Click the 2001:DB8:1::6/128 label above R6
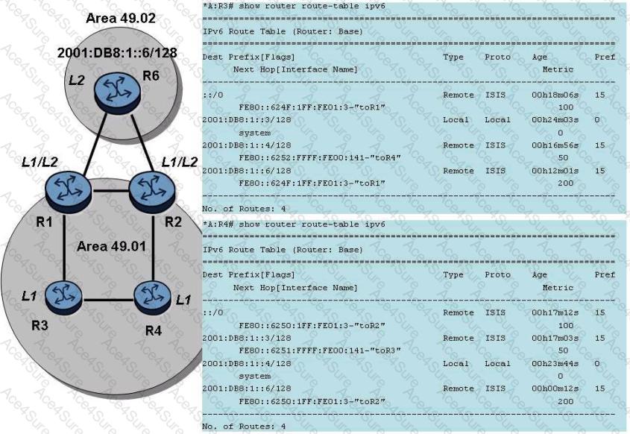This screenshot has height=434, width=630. pos(109,57)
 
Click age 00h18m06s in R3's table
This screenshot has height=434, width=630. pos(552,96)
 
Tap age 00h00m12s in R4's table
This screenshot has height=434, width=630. pos(552,389)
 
